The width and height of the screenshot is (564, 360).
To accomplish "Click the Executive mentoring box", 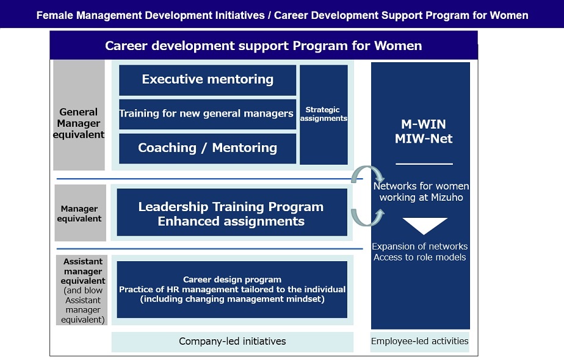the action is (208, 80).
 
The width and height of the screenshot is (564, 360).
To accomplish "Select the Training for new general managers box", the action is (208, 114).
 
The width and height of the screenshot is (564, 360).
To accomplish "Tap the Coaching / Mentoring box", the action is (208, 148).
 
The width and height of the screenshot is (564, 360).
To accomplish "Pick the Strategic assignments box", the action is (324, 115).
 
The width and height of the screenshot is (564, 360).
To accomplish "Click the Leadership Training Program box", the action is (232, 212).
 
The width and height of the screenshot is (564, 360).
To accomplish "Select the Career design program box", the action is (232, 289).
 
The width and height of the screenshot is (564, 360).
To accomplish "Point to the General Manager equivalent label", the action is (79, 115).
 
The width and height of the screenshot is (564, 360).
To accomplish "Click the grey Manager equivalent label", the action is (80, 213).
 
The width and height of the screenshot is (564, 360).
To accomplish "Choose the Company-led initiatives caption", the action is (233, 342).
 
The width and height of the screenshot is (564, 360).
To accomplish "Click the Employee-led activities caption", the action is (420, 341).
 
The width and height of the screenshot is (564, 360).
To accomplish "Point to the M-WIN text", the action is (424, 124).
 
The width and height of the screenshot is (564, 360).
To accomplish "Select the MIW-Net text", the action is (424, 139).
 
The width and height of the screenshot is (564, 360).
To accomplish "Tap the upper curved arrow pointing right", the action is (367, 168).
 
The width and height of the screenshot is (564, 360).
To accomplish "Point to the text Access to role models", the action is (419, 257).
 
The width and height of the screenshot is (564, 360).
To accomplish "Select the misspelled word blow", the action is (93, 290).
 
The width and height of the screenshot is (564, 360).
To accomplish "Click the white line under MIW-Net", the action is (424, 164).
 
